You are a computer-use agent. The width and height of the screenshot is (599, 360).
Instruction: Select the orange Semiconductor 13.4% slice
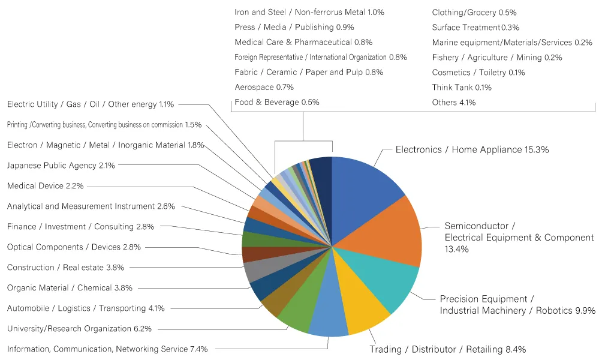[x=386, y=233]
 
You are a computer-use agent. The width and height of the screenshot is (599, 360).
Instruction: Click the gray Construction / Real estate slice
[x=267, y=266]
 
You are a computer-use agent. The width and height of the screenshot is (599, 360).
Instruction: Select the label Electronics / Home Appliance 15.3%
[x=472, y=149]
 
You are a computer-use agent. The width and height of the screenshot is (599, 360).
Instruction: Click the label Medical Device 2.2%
[x=45, y=186]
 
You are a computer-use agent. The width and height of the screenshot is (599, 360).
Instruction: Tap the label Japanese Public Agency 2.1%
[x=61, y=166]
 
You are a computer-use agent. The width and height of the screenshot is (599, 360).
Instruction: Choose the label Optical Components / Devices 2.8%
[x=74, y=247]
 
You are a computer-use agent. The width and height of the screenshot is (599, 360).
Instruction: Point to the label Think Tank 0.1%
[x=462, y=87]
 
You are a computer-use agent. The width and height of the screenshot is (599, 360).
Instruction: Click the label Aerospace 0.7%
[x=264, y=87]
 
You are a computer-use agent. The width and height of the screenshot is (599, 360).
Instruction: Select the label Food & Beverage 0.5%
[x=277, y=102]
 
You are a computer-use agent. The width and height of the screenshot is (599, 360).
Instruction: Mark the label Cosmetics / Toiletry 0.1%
[x=478, y=72]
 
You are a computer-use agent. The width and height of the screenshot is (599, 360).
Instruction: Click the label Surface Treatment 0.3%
[x=475, y=27]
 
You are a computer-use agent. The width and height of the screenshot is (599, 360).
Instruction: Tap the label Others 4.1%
[x=454, y=102]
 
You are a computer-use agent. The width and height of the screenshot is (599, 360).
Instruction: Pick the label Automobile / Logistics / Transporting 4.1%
[x=86, y=308]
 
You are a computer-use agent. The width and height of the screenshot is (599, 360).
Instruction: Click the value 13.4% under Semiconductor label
[x=456, y=249]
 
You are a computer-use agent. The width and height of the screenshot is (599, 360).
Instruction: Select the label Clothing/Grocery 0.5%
[x=474, y=12]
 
